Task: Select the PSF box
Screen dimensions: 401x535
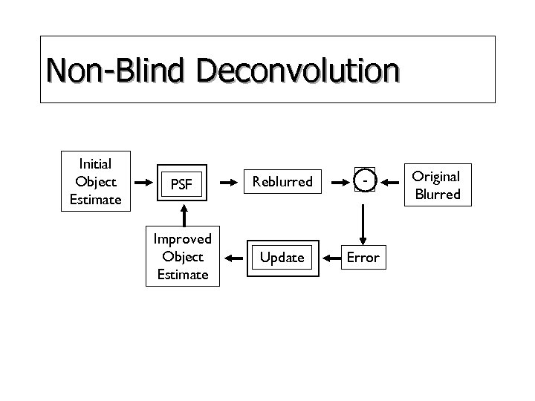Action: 182,183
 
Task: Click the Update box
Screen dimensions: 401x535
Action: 282,257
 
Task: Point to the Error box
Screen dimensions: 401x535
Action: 363,258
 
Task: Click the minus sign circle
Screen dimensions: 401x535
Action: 363,181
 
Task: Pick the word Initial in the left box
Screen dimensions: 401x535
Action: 95,163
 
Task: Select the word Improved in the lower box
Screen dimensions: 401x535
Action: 182,238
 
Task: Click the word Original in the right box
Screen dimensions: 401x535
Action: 437,176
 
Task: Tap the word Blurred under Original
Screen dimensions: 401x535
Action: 437,195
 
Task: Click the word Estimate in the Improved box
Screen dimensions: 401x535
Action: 182,275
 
